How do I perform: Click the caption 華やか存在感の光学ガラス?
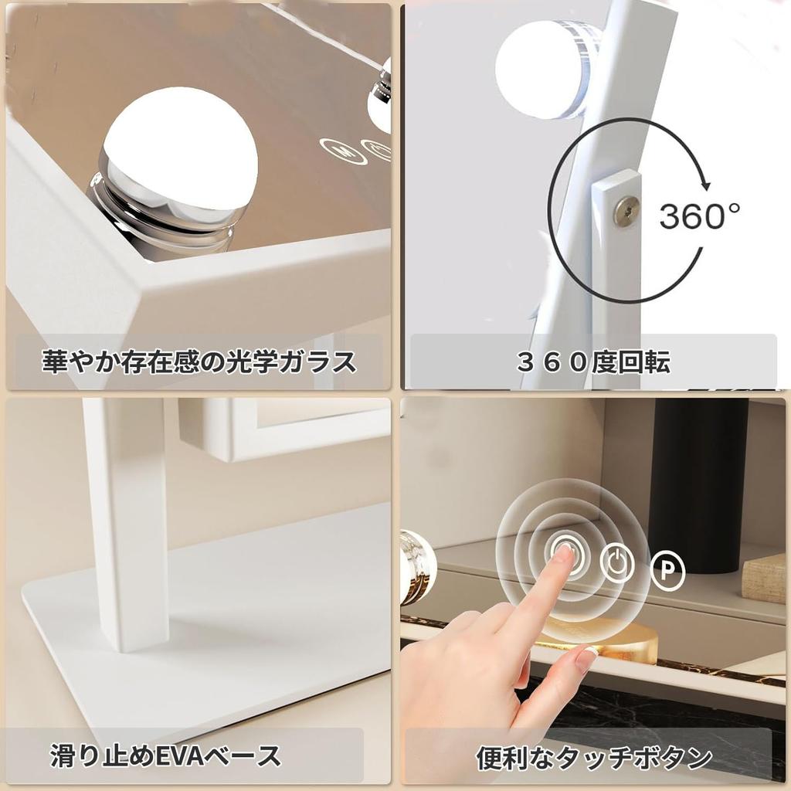[x=199, y=362]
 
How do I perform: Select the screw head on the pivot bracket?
[x=626, y=211]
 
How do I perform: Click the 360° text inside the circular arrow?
[x=698, y=217]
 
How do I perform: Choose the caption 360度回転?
[x=592, y=362]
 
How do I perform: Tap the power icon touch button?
[x=616, y=565]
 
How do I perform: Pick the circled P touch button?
[x=667, y=569]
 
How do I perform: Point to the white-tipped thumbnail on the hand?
[x=588, y=659]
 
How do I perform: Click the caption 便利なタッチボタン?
[x=592, y=757]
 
